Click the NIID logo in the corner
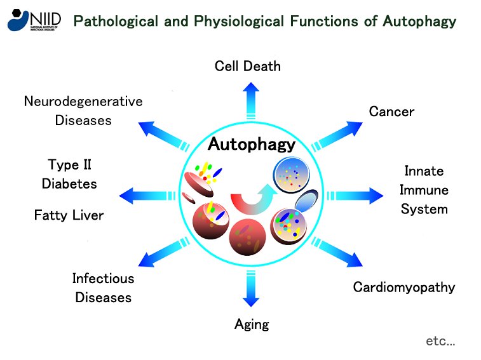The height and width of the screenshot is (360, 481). pos(34,20)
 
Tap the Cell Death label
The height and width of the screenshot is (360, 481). pos(247,66)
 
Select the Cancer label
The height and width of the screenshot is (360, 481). pos(391,112)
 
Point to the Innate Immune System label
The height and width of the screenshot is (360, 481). pos(424,190)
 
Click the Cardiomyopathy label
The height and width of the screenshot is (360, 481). pos(404,287)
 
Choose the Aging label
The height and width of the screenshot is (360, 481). pos(252,324)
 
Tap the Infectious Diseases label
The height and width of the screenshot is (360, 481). pos(104,288)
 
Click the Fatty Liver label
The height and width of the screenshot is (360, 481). pos(69,215)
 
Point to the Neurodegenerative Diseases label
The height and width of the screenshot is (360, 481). pos(83,110)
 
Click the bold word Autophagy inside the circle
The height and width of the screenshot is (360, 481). pos(252,144)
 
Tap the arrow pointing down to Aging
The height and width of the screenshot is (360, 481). pos(247,290)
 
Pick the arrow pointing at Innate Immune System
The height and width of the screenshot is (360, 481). pos(356,193)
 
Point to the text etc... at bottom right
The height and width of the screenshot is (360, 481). pos(440,341)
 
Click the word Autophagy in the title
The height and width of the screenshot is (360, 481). pos(419,22)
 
